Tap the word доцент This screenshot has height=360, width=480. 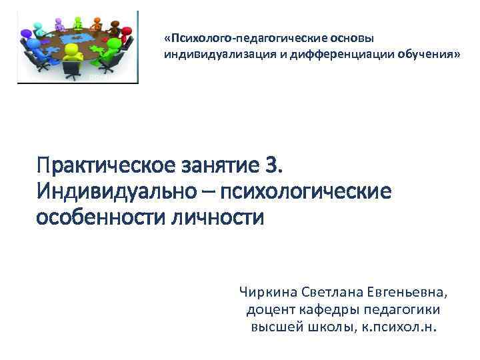[x=267, y=310]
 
